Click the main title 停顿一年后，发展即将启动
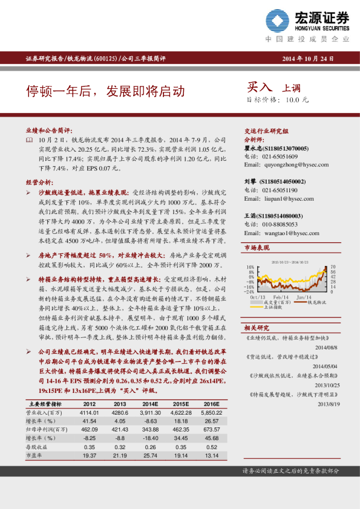point(105,91)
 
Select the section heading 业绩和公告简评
point(49,130)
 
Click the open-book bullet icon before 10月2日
point(30,140)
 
